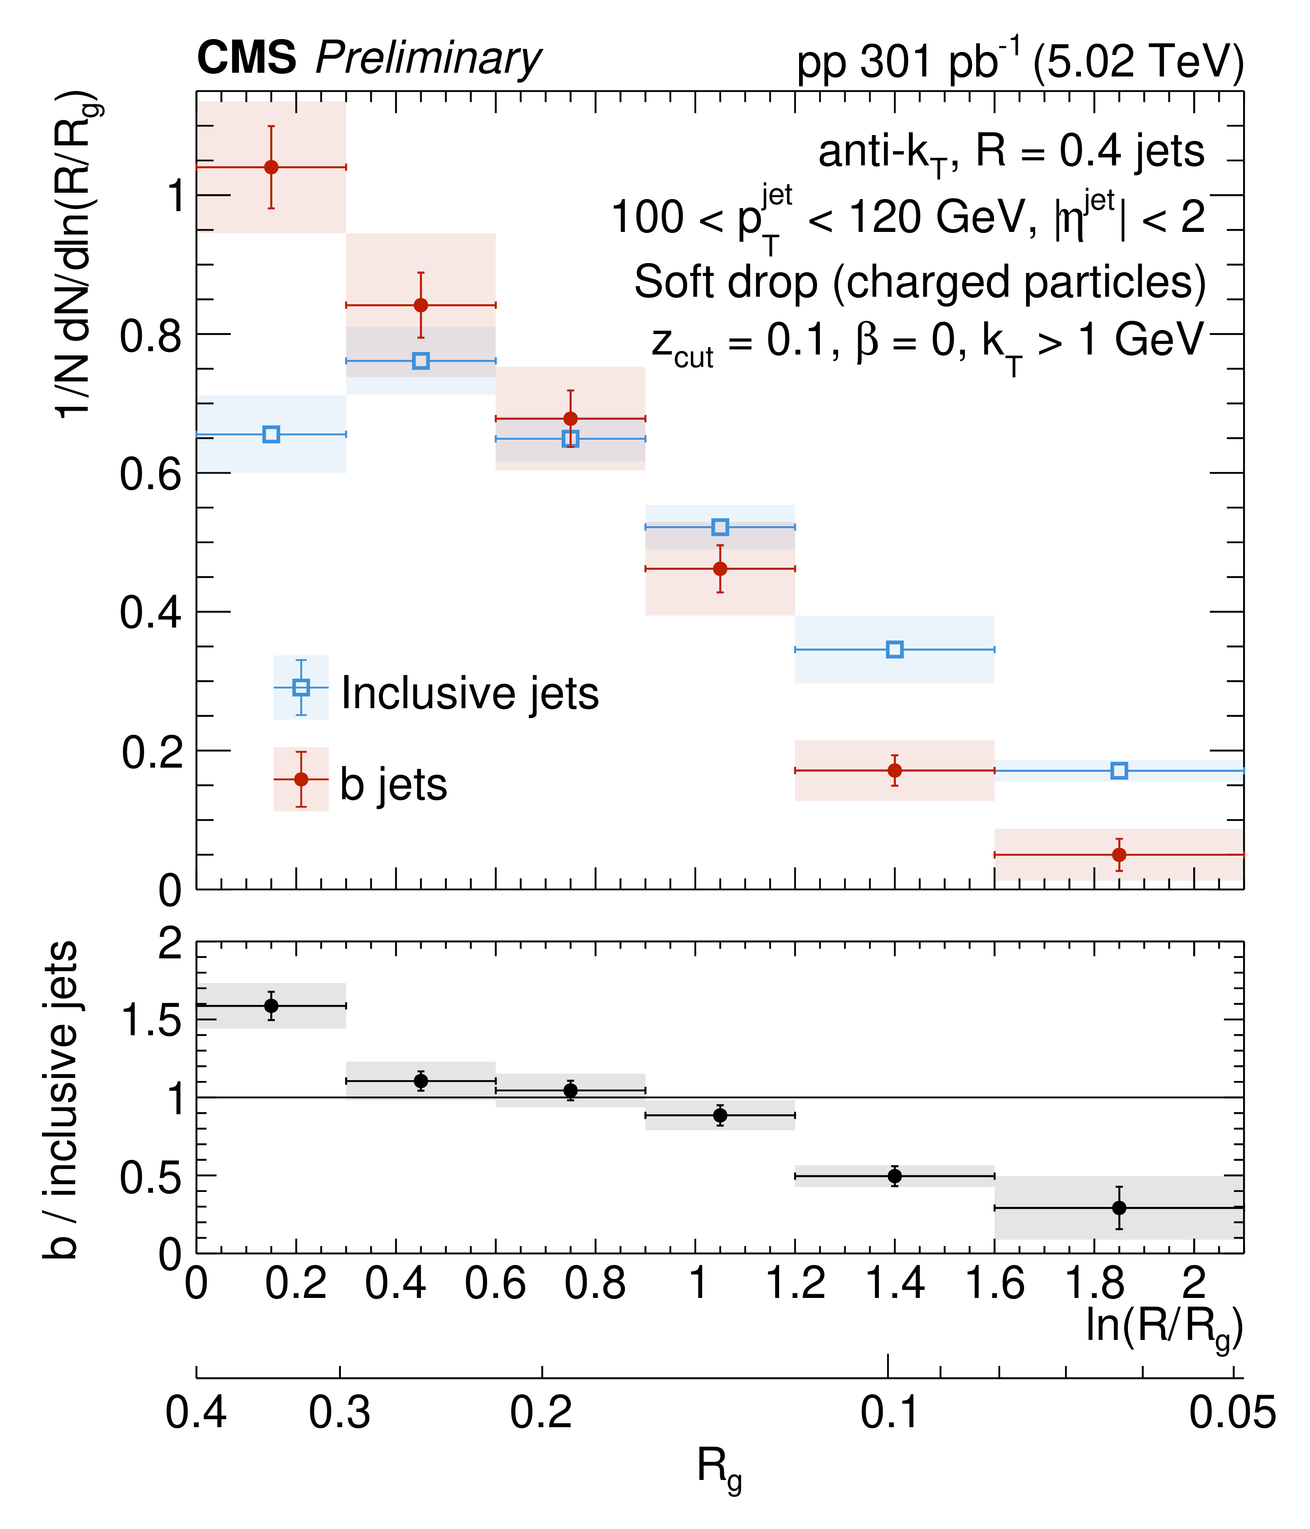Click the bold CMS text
[247, 57]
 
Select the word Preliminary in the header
[428, 59]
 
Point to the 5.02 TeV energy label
[1138, 61]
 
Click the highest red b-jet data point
[271, 167]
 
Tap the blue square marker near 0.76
[421, 361]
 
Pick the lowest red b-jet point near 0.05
[1119, 854]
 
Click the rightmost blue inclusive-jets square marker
[1119, 771]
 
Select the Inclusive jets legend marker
[301, 687]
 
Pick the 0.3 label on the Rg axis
[340, 1413]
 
